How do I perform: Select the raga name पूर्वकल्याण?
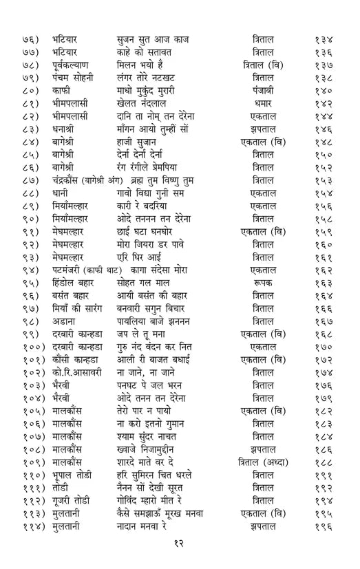pos(77,64)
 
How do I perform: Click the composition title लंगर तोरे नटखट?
pos(156,76)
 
